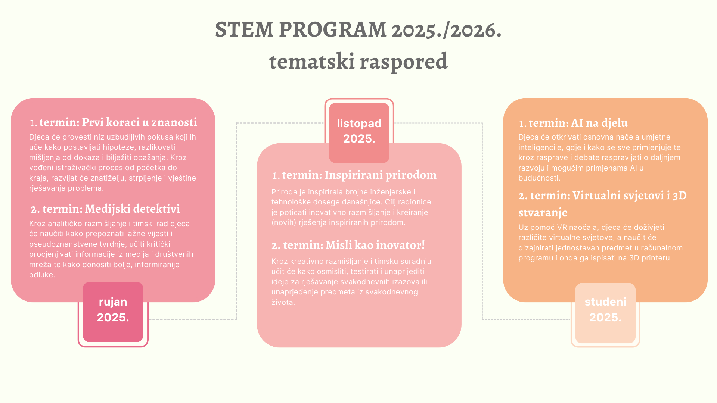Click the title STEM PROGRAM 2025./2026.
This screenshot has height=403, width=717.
358,30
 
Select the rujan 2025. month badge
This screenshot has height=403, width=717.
113,312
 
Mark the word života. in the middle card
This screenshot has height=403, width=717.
283,302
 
